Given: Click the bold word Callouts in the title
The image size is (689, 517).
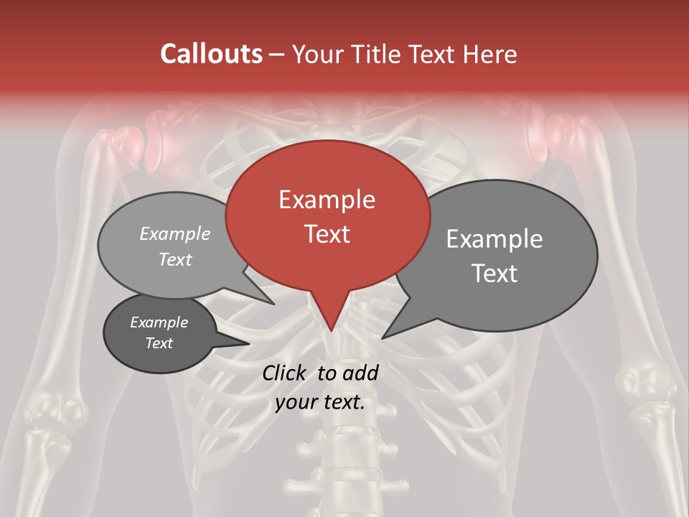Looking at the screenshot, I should tap(211, 54).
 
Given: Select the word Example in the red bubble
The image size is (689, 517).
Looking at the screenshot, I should tap(327, 200).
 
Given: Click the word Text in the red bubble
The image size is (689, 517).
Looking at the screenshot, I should tap(327, 234).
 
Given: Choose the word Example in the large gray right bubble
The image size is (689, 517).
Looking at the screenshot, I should tap(494, 239).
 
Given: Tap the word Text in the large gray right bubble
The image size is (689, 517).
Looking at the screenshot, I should tap(494, 274).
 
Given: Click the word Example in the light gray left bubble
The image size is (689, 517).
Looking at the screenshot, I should tap(174, 234).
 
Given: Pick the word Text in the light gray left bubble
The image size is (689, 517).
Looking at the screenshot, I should tap(174, 260).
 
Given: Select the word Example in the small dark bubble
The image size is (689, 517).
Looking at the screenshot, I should tap(159, 322).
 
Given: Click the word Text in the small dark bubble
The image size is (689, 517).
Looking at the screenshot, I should tap(159, 343).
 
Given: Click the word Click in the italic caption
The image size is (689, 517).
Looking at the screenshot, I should tap(286, 373).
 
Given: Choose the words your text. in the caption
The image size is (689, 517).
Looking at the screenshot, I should tap(320, 402).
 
